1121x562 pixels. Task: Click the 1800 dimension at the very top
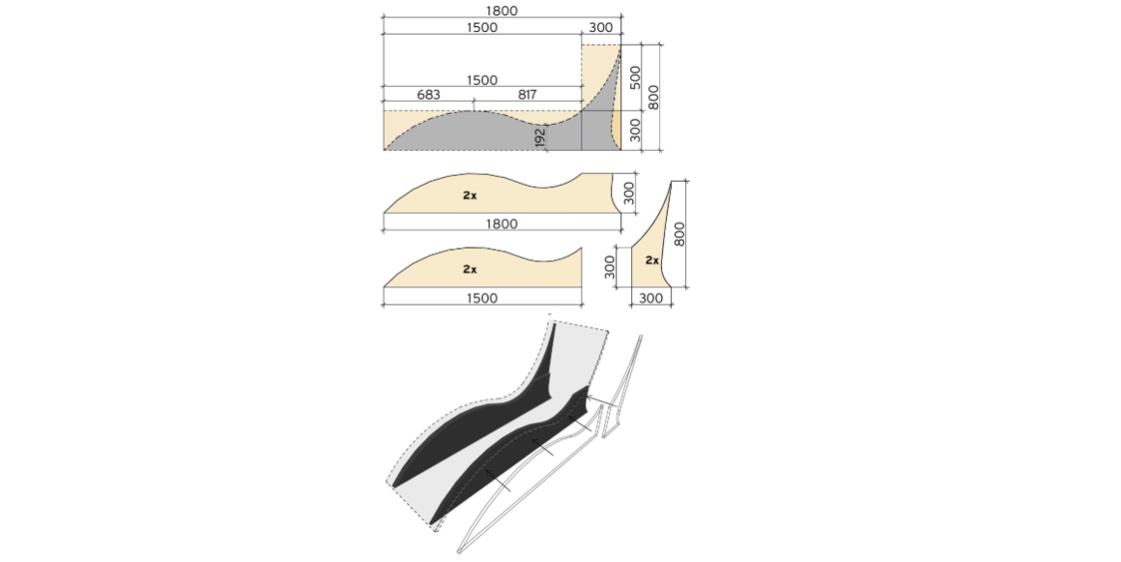(502, 11)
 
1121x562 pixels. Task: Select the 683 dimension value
(428, 95)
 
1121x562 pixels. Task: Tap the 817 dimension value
(527, 95)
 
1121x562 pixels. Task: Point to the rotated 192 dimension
(540, 136)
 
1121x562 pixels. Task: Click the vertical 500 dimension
(635, 77)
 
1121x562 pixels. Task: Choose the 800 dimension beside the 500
(653, 98)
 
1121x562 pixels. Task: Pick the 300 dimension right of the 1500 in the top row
(600, 28)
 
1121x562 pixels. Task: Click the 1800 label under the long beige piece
(502, 224)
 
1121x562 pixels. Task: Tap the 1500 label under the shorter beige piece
(481, 299)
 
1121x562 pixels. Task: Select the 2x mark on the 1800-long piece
(470, 195)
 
